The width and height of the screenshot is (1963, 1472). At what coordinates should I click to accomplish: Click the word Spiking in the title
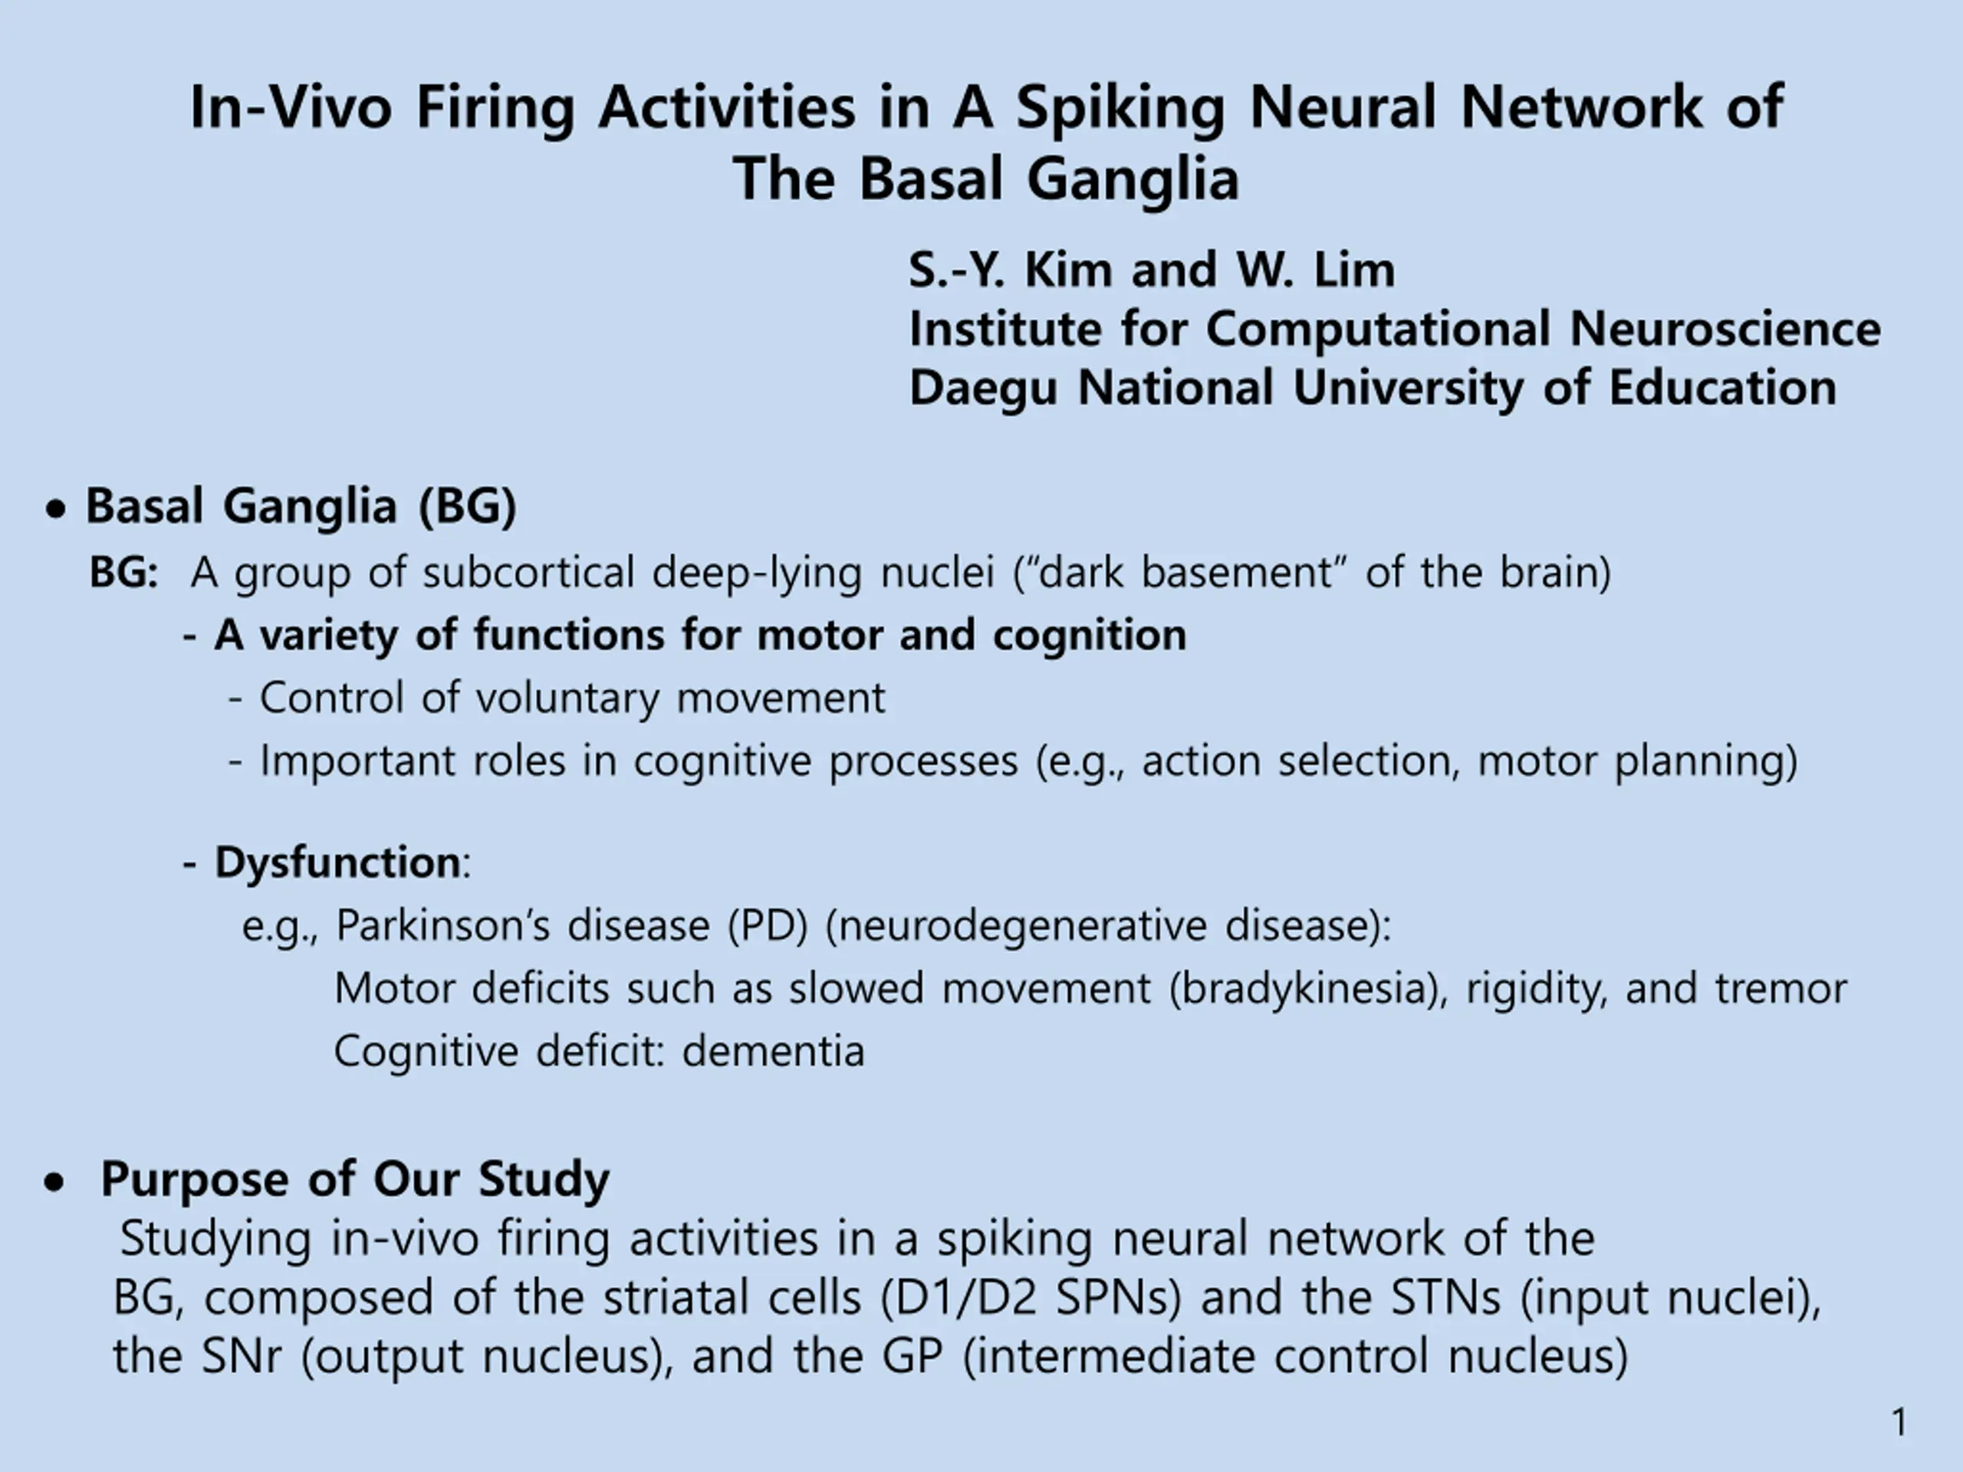(1120, 109)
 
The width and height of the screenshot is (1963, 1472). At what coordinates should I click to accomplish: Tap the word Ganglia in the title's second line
(1133, 179)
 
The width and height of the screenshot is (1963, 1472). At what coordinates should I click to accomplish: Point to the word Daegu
(983, 389)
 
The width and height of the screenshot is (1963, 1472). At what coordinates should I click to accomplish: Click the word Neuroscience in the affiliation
(1725, 329)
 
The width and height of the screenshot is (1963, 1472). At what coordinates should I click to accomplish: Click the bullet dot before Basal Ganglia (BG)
(56, 510)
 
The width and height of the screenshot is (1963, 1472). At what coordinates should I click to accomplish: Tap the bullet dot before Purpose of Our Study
(54, 1183)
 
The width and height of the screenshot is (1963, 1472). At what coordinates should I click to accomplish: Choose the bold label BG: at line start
(123, 572)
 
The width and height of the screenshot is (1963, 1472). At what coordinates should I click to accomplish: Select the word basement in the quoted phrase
(1237, 572)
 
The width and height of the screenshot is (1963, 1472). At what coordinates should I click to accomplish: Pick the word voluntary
(568, 699)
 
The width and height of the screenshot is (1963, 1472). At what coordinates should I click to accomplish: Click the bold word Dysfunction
(337, 863)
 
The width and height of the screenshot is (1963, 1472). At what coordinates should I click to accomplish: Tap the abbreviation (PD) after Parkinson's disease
(768, 925)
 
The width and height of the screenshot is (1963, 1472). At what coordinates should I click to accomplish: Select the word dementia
(773, 1051)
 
